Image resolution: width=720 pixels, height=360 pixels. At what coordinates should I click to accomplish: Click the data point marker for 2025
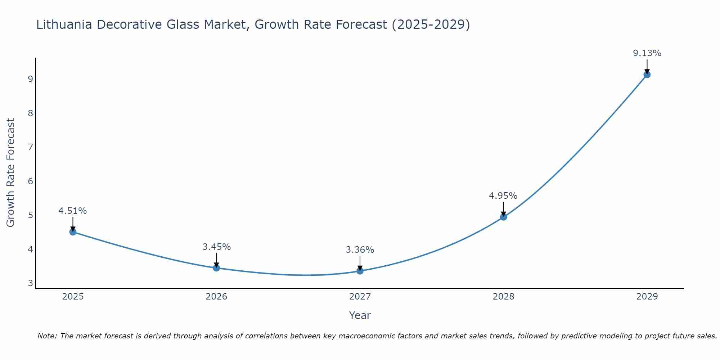point(73,232)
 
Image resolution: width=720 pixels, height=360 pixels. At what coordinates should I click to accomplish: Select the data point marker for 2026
point(216,268)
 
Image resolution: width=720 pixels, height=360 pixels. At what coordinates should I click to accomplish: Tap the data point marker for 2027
point(360,271)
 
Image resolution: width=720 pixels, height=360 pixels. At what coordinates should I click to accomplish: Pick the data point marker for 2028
point(504,217)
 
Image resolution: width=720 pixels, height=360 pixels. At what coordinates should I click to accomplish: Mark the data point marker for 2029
point(647,75)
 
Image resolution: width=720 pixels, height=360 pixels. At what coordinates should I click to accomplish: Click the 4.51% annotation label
point(73,211)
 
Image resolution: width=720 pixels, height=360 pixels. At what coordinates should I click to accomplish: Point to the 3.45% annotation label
point(216,247)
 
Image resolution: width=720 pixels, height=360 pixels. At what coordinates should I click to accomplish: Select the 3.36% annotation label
point(360,250)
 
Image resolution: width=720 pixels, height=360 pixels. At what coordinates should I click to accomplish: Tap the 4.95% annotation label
point(503,196)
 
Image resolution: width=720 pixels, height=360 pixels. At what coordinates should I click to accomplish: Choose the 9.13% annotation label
point(647,53)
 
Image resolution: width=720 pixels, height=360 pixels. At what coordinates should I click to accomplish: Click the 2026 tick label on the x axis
point(216,297)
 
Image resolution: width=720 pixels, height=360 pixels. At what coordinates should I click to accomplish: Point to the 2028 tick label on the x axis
point(504,297)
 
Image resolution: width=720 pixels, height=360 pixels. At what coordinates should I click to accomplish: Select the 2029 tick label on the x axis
point(647,297)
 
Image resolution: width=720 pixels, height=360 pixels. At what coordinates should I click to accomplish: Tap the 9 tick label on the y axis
point(30,79)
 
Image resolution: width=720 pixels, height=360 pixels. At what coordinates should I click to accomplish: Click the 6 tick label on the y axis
point(30,181)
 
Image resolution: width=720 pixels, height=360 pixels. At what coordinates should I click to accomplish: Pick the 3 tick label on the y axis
point(30,283)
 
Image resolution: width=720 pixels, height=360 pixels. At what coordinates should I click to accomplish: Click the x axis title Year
point(360,315)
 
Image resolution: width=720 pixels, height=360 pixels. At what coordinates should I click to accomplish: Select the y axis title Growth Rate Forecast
point(11,173)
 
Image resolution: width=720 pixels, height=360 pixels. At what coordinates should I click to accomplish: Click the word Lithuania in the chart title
point(64,24)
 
